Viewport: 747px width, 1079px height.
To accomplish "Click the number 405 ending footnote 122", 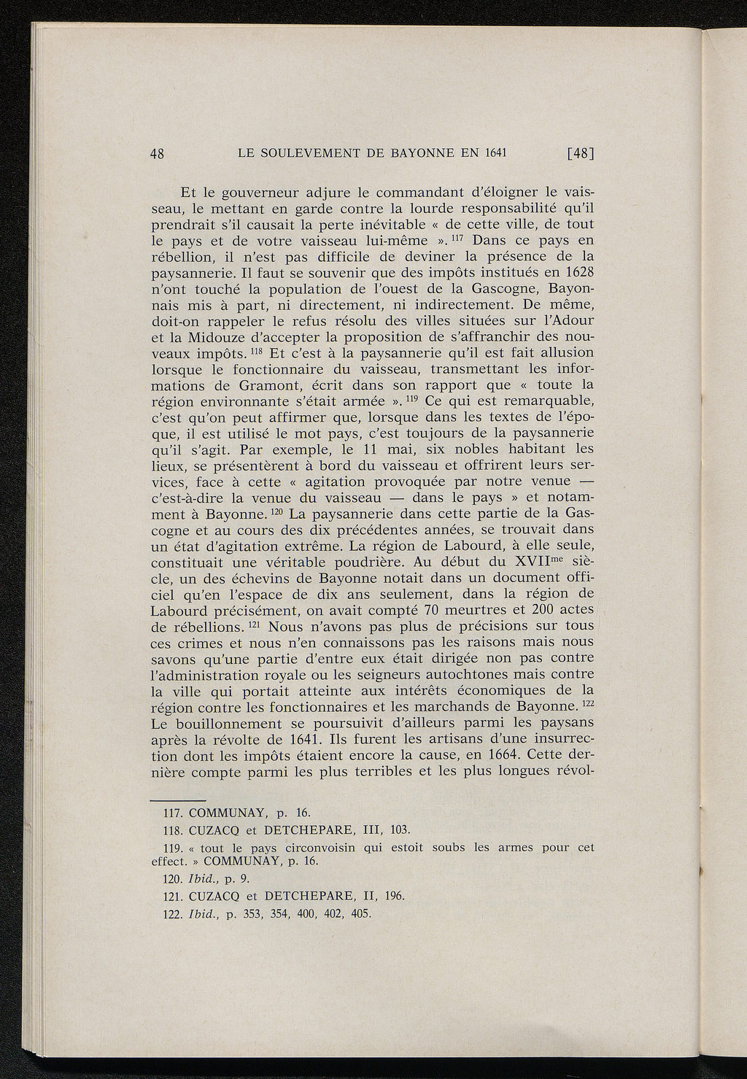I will click(360, 914).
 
